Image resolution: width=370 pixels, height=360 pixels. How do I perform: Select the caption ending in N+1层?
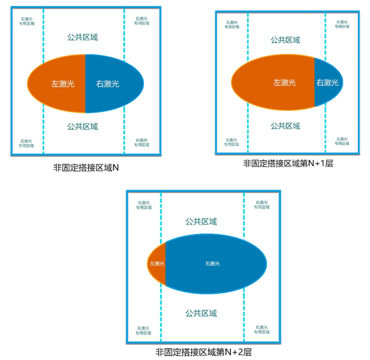(288, 163)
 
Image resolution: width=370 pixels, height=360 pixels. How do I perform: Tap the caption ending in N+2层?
(204, 352)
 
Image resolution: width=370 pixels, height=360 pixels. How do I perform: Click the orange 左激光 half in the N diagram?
(59, 84)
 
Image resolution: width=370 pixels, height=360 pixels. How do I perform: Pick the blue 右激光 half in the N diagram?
(110, 84)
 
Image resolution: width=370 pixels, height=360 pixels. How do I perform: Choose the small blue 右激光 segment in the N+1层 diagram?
(327, 83)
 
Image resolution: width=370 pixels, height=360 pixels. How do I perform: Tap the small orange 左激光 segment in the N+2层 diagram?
(157, 263)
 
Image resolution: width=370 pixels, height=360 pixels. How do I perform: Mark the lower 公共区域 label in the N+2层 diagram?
(201, 314)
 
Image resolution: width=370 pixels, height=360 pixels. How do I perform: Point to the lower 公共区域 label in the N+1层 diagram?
(285, 125)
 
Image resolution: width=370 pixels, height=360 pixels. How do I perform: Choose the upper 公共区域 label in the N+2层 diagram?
(201, 222)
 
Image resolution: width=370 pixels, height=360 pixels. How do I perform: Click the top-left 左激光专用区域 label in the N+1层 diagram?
(231, 24)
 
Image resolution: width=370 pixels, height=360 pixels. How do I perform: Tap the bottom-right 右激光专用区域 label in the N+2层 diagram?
(261, 329)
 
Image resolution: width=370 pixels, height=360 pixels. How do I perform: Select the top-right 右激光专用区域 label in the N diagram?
(142, 21)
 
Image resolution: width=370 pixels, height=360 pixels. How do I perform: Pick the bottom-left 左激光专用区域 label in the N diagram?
(27, 142)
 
